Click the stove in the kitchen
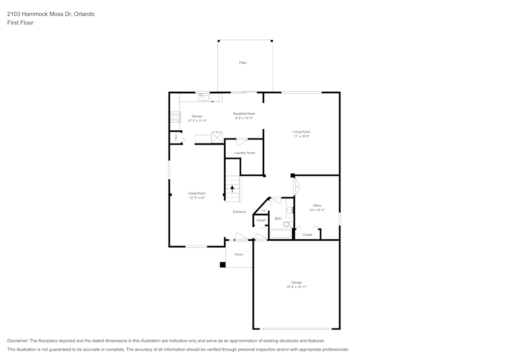175,117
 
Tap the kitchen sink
202,95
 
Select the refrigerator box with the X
217,137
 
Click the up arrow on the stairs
232,188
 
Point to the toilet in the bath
287,224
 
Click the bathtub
279,235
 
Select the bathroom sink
290,210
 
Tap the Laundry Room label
244,153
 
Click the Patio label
243,63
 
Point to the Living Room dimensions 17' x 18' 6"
301,136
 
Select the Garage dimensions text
296,287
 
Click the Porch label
239,255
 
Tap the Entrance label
239,212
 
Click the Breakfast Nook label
244,114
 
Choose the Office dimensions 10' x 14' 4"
317,210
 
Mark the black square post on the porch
222,265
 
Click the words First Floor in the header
20,23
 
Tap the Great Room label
196,193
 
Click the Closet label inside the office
307,235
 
